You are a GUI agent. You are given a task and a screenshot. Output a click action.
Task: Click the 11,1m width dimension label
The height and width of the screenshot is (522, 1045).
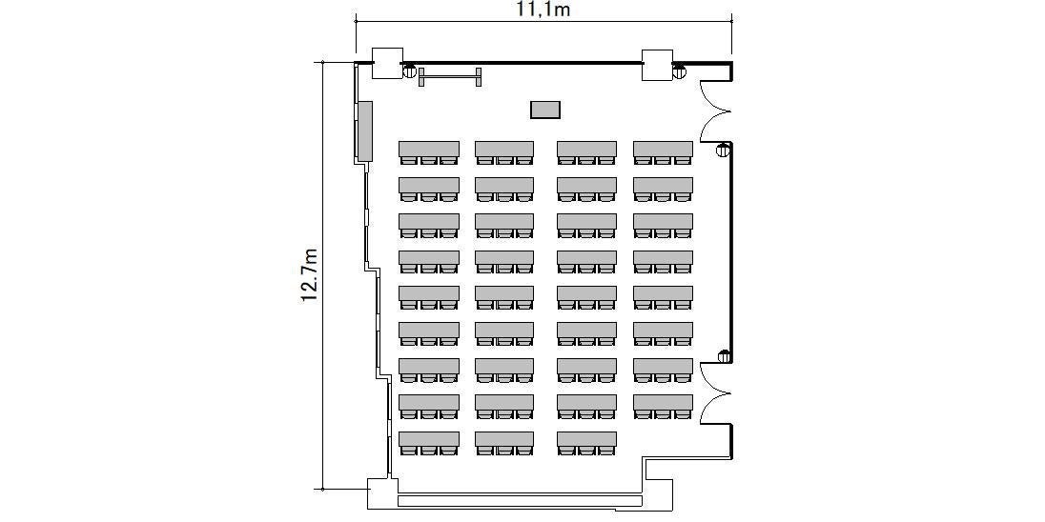pos(543,10)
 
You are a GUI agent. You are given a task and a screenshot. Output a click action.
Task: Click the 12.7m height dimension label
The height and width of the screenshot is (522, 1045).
pos(309,275)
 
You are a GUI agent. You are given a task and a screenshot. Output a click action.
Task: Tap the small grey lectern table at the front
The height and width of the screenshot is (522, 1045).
pos(545,110)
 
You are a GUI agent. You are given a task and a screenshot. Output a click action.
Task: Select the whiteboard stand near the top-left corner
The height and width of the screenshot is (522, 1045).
pos(450,76)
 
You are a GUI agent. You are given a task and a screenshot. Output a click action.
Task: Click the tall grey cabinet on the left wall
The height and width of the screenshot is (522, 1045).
pos(364,131)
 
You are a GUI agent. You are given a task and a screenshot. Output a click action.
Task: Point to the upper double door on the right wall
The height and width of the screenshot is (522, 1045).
pos(714,110)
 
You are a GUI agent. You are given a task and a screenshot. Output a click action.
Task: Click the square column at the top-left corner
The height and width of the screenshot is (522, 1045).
pos(387,64)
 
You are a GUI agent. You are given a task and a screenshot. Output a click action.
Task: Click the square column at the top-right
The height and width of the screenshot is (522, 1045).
pos(657,65)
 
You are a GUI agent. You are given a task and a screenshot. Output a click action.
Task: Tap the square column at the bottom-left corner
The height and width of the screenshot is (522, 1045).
pos(379,493)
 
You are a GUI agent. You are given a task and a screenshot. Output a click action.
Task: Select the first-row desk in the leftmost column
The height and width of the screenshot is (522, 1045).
pos(429,152)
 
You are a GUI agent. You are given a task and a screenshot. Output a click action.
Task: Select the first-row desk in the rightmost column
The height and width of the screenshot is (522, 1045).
pos(663,152)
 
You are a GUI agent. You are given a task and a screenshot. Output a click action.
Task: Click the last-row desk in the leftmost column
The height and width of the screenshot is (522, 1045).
pos(429,444)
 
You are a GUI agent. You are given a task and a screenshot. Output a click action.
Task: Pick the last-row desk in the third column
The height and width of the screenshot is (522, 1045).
pos(586,444)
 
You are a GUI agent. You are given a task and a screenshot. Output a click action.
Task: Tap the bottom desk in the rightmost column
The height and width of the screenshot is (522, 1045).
pos(663,407)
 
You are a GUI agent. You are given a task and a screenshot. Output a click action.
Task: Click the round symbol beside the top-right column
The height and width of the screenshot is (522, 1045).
pos(679,70)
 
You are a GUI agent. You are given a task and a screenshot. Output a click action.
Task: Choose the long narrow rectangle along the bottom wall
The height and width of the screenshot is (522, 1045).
pos(521,500)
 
